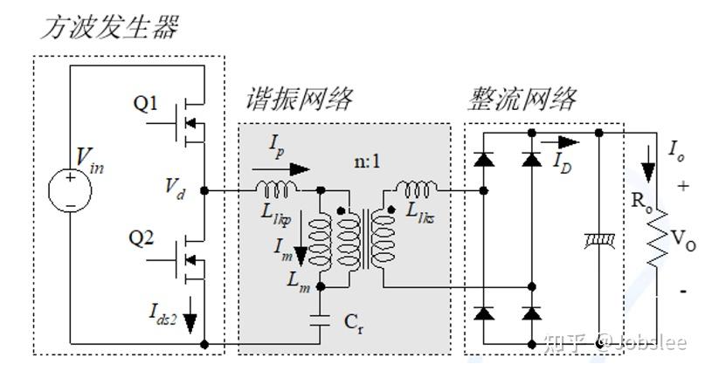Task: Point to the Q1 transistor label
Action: pos(146,104)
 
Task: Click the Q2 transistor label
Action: pos(146,237)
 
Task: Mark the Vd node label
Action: pos(174,189)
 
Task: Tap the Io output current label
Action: pos(676,148)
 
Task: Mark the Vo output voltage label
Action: pos(685,245)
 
